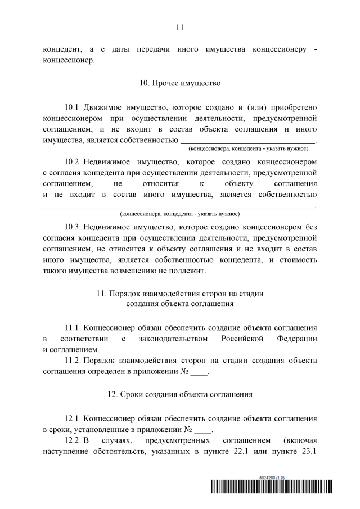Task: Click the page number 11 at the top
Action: [x=179, y=27]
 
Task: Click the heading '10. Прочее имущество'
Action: [x=179, y=83]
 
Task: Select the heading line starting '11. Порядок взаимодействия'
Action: [x=179, y=293]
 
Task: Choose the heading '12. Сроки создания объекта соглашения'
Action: [x=179, y=394]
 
